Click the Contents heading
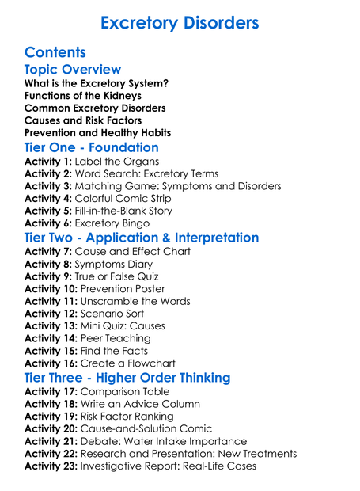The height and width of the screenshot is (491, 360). (x=55, y=52)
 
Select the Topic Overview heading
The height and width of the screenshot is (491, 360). (x=73, y=70)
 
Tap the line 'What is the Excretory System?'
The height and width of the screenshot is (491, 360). (x=97, y=83)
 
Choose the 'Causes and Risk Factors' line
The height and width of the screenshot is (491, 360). (x=84, y=120)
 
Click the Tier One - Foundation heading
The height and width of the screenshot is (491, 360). (x=92, y=147)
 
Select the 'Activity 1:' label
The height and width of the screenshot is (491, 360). (x=48, y=162)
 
